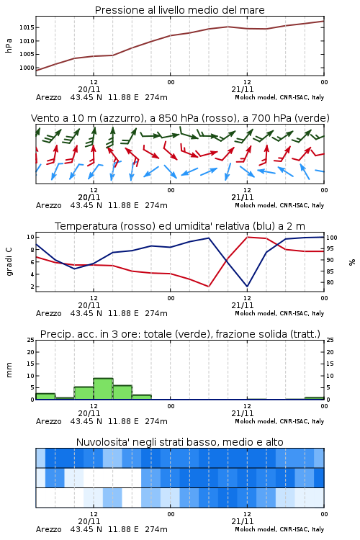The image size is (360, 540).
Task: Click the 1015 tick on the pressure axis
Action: pyautogui.click(x=27, y=27)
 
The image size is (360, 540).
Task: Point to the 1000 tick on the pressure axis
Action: pyautogui.click(x=27, y=68)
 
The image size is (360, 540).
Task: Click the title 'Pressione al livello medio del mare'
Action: pyautogui.click(x=180, y=10)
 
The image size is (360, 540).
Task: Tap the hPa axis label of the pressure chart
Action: pyautogui.click(x=9, y=45)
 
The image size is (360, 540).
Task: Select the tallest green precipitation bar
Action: pyautogui.click(x=104, y=389)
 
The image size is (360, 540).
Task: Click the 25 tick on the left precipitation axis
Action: pyautogui.click(x=31, y=340)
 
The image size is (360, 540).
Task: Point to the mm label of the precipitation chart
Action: pyautogui.click(x=9, y=370)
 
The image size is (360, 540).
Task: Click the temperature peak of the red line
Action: pyautogui.click(x=248, y=237)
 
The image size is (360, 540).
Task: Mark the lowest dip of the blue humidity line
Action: pyautogui.click(x=247, y=286)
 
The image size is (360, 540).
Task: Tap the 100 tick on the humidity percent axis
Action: pyautogui.click(x=332, y=238)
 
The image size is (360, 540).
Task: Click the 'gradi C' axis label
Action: pyautogui.click(x=9, y=262)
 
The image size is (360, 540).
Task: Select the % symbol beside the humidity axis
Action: pyautogui.click(x=352, y=262)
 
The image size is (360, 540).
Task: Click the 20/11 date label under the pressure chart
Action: pyautogui.click(x=89, y=89)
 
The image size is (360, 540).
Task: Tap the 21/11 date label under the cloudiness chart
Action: pyautogui.click(x=243, y=521)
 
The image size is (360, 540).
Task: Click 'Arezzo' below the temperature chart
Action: pyautogui.click(x=48, y=313)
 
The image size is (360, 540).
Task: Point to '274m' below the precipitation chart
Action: pyautogui.click(x=156, y=421)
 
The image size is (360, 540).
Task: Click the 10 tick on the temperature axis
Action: pyautogui.click(x=30, y=237)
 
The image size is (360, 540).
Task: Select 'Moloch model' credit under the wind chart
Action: pyautogui.click(x=256, y=205)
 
